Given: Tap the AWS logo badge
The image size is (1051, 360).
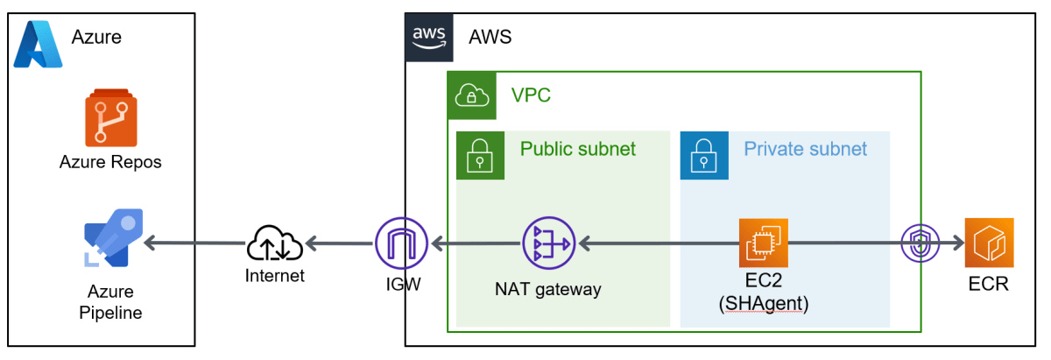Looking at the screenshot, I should tap(429, 37).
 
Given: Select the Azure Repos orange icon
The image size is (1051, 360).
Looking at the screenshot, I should tap(110, 120).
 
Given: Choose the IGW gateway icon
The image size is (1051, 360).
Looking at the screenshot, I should tap(401, 243).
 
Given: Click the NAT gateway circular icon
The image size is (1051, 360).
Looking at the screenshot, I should tap(547, 243).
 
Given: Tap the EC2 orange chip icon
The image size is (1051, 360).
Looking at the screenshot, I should tap(763, 243).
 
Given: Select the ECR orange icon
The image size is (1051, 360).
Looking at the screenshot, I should tap(989, 243).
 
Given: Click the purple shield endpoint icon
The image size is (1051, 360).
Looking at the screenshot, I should tap(920, 243).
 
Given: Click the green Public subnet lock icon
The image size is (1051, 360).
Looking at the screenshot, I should tap(480, 154).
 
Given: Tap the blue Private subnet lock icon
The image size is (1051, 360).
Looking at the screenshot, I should tap(704, 154).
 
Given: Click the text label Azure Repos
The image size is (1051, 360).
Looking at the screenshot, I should tap(110, 162).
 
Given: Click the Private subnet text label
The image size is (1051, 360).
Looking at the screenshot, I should tap(805, 148).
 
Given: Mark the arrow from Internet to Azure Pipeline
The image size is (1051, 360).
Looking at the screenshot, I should tap(193, 243).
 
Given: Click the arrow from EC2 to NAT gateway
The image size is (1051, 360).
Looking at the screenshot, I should tap(657, 243).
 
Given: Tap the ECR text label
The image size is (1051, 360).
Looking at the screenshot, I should tap(989, 284).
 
